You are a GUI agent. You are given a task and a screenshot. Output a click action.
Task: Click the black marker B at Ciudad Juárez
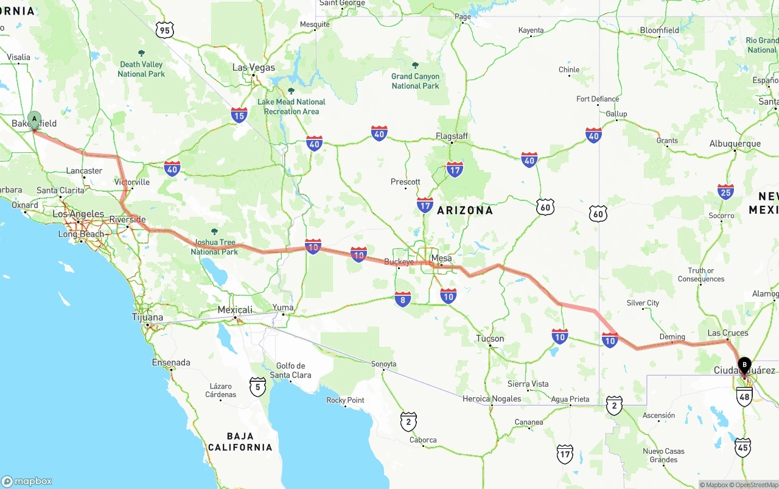[744, 365]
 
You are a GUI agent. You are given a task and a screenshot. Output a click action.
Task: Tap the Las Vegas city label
[253, 68]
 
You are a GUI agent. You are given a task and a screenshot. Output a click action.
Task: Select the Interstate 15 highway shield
[239, 114]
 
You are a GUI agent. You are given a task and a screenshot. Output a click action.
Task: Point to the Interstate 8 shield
[402, 298]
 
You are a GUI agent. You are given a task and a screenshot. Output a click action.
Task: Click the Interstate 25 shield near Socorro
[725, 192]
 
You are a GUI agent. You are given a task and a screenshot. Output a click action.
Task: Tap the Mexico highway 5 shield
[258, 386]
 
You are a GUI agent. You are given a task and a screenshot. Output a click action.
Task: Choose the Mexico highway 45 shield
[742, 447]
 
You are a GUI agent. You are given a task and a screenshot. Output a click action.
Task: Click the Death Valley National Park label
[142, 69]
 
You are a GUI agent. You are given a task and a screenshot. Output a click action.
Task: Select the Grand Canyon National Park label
[415, 81]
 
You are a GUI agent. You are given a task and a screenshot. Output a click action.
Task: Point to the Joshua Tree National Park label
[214, 247]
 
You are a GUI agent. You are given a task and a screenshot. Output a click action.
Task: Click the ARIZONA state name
[465, 210]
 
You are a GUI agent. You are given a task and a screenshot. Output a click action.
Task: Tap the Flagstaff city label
[452, 136]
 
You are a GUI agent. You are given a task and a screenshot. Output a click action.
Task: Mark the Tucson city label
[490, 339]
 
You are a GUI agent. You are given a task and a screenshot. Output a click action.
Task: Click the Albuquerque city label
[735, 144]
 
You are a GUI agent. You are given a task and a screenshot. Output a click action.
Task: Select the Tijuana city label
[147, 317]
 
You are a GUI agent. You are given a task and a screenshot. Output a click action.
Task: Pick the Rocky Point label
[345, 400]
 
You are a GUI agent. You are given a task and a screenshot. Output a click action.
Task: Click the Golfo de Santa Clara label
[290, 370]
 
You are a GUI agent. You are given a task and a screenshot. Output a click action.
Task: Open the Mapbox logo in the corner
[27, 481]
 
